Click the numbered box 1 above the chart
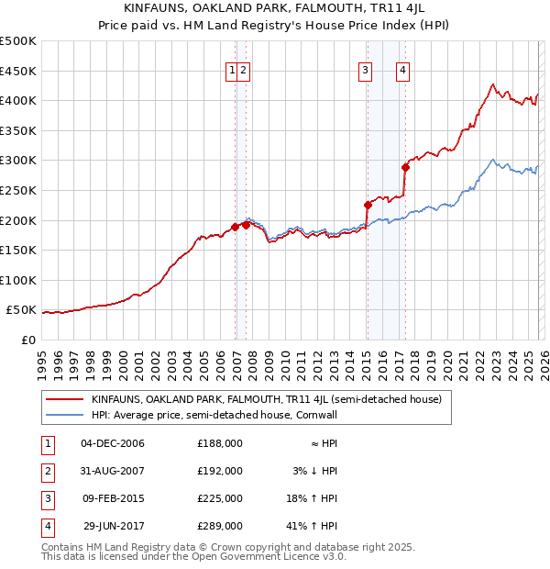tap(233, 70)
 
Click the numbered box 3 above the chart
tap(365, 70)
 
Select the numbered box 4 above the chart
tap(402, 70)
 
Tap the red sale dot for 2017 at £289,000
tap(405, 167)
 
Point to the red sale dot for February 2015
tap(368, 205)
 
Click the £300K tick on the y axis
tap(18, 161)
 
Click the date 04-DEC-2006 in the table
tap(113, 443)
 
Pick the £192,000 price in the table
tap(220, 471)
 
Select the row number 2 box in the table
tap(46, 471)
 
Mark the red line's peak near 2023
tap(492, 84)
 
